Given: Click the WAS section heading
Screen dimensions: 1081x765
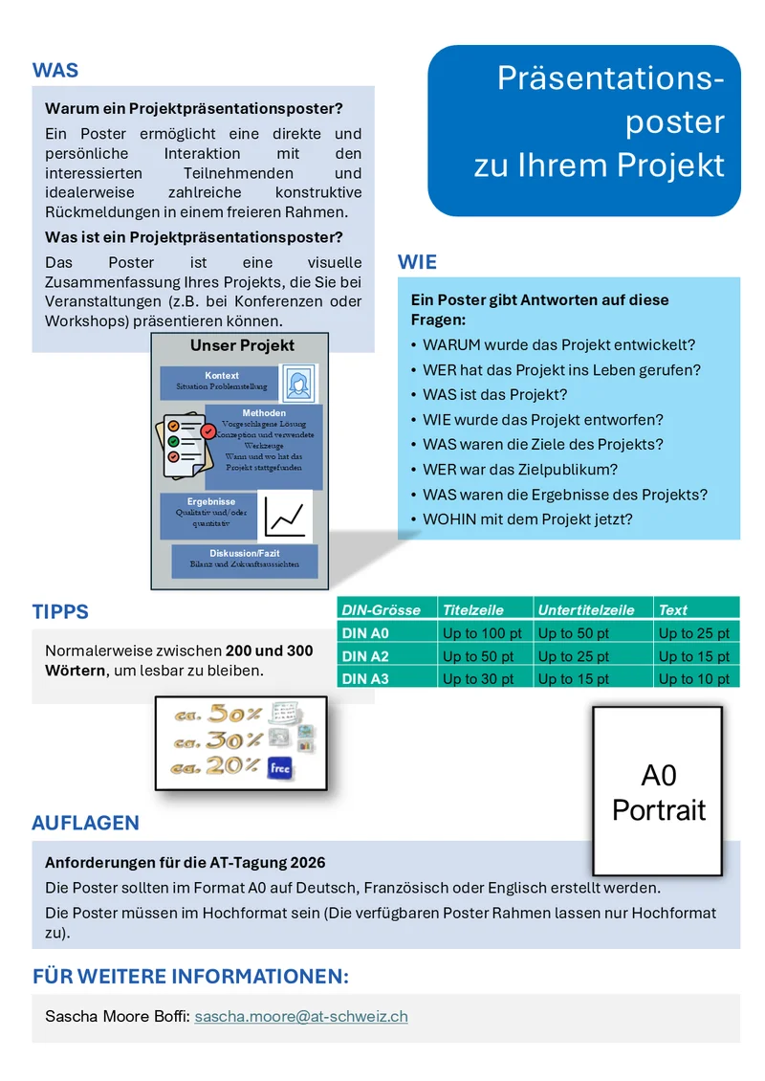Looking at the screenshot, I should point(55,71).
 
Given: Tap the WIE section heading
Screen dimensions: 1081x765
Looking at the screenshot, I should point(417,262).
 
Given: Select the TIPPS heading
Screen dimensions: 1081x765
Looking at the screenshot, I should point(60,612).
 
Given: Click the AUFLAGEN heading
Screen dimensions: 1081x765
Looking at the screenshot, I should point(85,823).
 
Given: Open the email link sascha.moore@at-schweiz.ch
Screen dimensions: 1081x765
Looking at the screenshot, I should point(301,1017).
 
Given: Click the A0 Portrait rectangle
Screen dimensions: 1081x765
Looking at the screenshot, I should point(658,792).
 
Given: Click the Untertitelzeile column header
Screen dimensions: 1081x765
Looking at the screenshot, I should point(585,609).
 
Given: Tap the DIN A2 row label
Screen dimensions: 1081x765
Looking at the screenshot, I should point(366,656).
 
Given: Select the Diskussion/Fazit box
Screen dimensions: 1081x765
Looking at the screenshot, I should point(245,560).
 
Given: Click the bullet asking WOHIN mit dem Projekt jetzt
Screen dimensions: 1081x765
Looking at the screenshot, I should point(527,519).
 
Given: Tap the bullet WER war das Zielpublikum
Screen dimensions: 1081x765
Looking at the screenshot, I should point(520,470).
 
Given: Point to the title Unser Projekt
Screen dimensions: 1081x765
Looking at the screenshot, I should point(242,345).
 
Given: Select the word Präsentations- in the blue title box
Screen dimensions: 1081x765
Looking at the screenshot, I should point(610,79).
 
